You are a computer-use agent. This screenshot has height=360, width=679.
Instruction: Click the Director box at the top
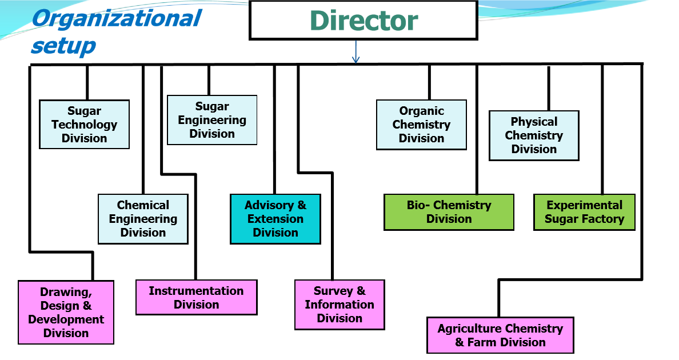[x=364, y=21]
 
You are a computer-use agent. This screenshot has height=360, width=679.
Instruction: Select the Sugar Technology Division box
[x=85, y=125]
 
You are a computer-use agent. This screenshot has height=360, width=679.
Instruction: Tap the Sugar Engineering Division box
[x=212, y=120]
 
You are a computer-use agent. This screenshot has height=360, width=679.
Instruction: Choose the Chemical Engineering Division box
[x=143, y=219]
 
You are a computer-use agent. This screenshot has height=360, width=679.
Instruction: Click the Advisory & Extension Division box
[x=275, y=219]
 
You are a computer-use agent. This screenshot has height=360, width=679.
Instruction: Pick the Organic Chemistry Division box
[x=421, y=125]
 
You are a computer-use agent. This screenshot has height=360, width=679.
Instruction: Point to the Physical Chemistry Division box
[x=534, y=135]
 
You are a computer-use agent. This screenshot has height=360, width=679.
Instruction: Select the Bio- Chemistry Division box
[x=449, y=212]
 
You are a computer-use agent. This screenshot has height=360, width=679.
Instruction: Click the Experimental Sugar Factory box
[x=585, y=212]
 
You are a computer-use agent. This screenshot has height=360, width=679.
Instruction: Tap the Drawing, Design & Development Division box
[x=66, y=313]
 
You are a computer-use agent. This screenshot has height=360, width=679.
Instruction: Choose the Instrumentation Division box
[x=197, y=297]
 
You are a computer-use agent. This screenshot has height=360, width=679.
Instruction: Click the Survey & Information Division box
[x=340, y=305]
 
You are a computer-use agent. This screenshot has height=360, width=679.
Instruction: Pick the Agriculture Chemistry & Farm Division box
[x=501, y=335]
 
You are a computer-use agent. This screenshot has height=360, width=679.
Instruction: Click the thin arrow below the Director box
[x=356, y=52]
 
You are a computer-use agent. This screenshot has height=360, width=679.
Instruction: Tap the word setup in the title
[x=63, y=46]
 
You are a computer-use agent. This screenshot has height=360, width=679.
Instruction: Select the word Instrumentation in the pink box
[x=196, y=291]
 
